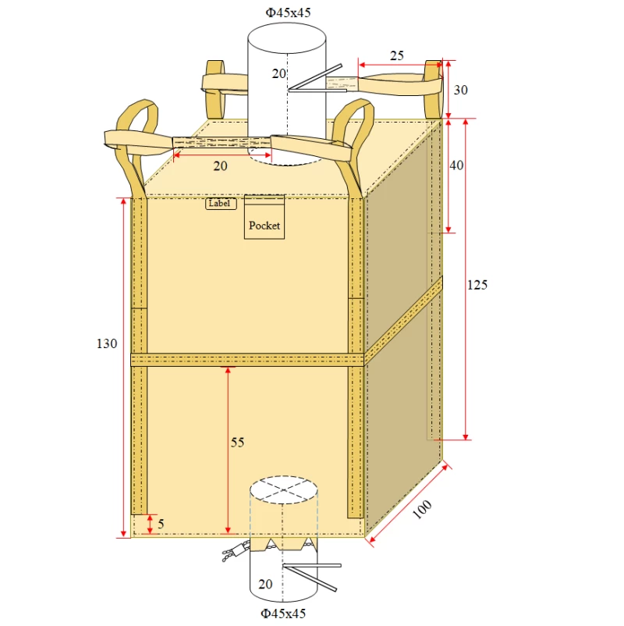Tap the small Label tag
coord(221,204)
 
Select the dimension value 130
coord(107,343)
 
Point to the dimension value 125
coord(477,285)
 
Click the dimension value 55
coord(237,443)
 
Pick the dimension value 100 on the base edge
coord(421,508)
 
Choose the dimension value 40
coord(456,165)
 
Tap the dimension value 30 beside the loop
coord(460,90)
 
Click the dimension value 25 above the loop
coord(397,55)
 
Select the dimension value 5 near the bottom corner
coord(161,524)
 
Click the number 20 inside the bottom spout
coord(265,584)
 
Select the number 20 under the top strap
coord(221,165)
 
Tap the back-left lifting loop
coord(214,82)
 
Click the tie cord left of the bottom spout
coord(232,553)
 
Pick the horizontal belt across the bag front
coord(246,359)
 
